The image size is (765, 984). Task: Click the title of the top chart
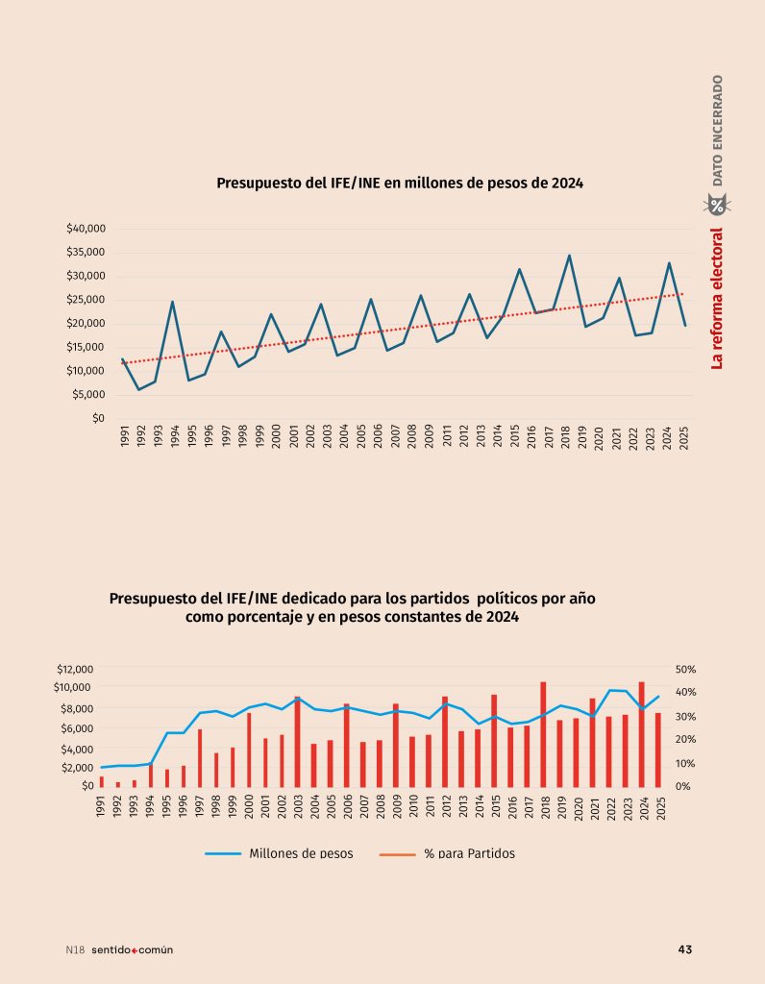click(400, 183)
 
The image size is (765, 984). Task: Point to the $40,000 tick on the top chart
click(86, 229)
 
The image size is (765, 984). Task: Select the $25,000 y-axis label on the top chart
click(86, 300)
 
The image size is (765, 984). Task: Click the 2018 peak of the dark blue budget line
click(569, 256)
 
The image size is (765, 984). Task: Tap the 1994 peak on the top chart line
click(173, 302)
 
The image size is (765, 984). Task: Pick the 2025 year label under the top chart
click(683, 438)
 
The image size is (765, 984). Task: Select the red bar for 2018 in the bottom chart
click(543, 734)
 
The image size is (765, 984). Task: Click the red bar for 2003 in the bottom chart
click(298, 741)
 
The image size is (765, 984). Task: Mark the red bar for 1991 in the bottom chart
click(102, 781)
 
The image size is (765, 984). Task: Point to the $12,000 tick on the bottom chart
click(74, 669)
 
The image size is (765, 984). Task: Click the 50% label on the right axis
click(686, 669)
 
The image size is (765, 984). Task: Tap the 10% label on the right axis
click(686, 764)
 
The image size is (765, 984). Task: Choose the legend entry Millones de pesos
click(280, 853)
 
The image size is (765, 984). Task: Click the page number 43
click(684, 949)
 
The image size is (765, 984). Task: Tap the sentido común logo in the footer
click(132, 949)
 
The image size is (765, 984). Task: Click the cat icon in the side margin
click(717, 204)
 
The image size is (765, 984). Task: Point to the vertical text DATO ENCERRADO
click(718, 129)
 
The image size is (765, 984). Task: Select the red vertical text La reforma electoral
click(717, 298)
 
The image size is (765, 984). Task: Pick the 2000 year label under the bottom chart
click(249, 807)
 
